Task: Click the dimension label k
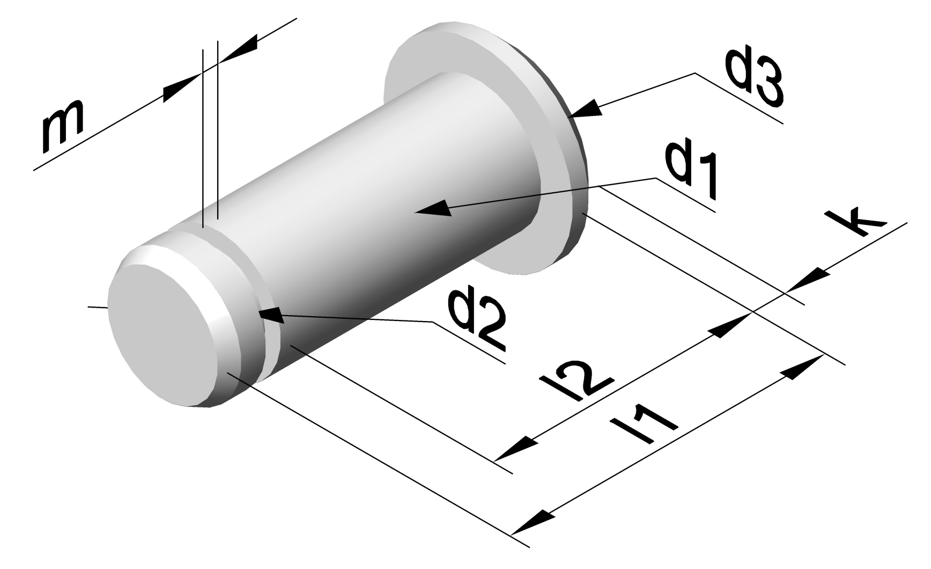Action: pos(857,221)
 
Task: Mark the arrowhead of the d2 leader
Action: pos(271,315)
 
